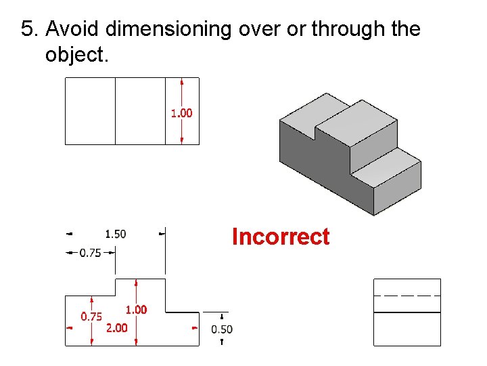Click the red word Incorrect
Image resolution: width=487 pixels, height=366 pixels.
pos(280,237)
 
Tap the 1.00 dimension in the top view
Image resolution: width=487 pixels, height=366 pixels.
pos(181,113)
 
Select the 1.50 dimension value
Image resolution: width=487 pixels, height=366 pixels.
pos(115,235)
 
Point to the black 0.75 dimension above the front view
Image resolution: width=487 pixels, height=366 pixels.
pos(91,253)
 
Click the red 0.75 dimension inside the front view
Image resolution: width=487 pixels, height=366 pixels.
pos(91,317)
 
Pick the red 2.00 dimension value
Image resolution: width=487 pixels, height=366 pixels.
pos(117,328)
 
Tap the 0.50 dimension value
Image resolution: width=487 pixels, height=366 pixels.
pos(222,329)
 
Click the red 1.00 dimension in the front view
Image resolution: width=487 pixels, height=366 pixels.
pos(136,310)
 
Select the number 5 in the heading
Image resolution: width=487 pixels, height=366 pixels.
pos(27,29)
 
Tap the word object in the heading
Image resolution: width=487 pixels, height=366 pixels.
pos(74,54)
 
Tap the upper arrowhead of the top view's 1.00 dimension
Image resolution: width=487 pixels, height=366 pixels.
pos(182,82)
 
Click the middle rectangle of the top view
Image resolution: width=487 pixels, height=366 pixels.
pos(140,111)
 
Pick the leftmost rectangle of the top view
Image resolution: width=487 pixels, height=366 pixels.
pos(90,111)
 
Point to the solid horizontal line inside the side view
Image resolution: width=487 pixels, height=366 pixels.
pos(407,312)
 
